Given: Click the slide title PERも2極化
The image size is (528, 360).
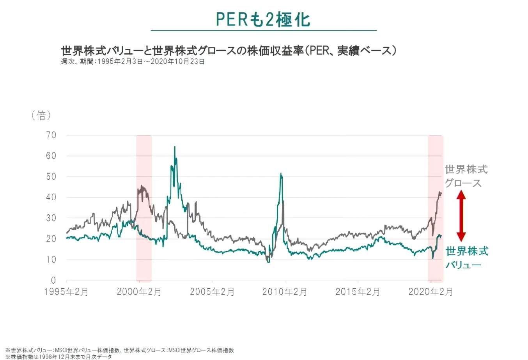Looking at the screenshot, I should pos(263,19).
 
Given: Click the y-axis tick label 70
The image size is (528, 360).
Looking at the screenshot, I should pos(51,135).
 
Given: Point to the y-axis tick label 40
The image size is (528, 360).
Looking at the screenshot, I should pos(51,197).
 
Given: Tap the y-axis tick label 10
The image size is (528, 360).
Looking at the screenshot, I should pos(51,259).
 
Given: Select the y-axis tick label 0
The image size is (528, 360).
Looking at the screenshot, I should pos(53,280).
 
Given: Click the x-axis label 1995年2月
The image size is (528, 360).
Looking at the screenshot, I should pos(66,292).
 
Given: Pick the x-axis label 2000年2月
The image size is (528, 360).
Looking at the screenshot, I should pos(139,292).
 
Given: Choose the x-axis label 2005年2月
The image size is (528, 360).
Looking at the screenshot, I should pos(212,292).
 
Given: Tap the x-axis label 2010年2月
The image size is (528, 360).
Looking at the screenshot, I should pos(285,292).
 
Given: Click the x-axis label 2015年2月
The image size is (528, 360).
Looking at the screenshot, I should pos(358,292).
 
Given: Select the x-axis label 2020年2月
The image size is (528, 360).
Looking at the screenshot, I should pos(431,292).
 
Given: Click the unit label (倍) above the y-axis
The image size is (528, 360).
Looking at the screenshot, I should pos(41,115).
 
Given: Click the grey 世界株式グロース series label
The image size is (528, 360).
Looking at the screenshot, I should pos(466,176).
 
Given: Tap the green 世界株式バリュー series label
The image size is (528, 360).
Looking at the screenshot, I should pos(467,258).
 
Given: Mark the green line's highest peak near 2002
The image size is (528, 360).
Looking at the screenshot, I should pos(175,147).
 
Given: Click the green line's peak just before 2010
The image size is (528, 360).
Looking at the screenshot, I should pos(281,174).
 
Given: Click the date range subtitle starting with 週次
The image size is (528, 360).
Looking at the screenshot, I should pos(133,62).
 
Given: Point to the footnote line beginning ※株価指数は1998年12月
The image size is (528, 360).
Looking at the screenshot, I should pos(58,356).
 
